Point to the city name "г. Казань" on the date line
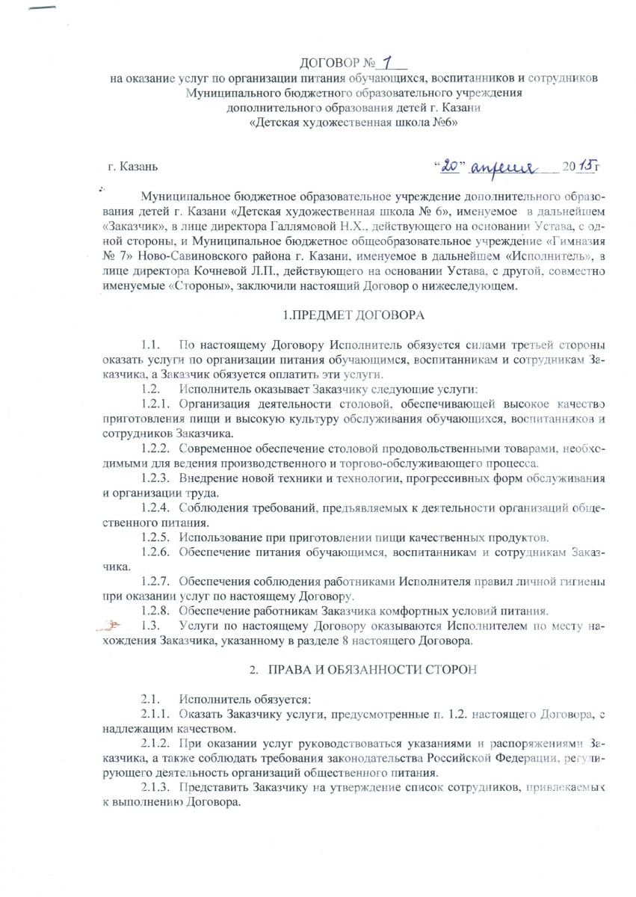pyautogui.click(x=132, y=166)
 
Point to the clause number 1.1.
pyautogui.click(x=151, y=345)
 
